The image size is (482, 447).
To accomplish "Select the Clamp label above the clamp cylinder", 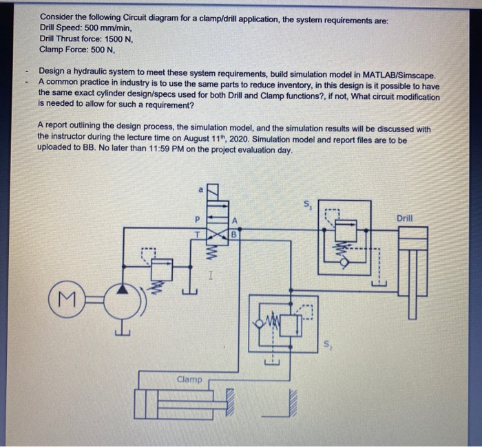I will coord(189,379).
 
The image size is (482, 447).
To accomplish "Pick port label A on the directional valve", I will coord(235,221).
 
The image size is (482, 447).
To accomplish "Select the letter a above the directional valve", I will coord(200,188).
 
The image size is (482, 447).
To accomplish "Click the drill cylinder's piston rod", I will coord(413,289).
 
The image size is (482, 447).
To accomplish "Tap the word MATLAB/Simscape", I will coord(395,71).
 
